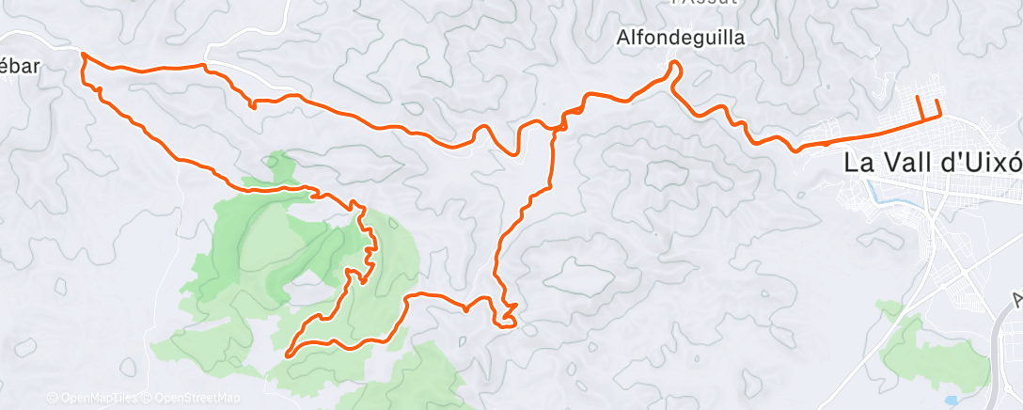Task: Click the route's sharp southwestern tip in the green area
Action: pyautogui.click(x=286, y=355)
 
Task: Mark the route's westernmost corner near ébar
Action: pyautogui.click(x=84, y=55)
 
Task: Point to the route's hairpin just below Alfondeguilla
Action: pyautogui.click(x=674, y=64)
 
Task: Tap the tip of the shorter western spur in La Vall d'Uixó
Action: pyautogui.click(x=919, y=97)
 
